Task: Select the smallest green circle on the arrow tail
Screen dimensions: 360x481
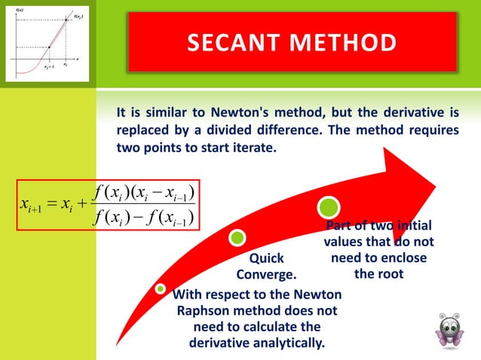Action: point(160,288)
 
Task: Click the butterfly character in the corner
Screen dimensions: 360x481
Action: point(449,329)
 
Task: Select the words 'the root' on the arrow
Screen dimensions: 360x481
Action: point(378,273)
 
